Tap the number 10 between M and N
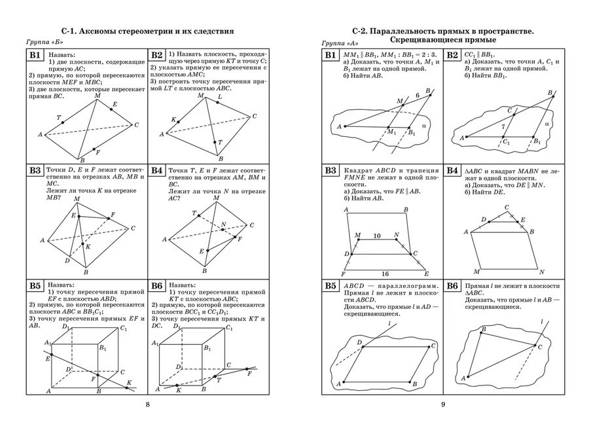click(376, 234)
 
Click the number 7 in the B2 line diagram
click(503, 126)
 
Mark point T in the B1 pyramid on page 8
click(60, 118)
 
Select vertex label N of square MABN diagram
click(543, 270)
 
